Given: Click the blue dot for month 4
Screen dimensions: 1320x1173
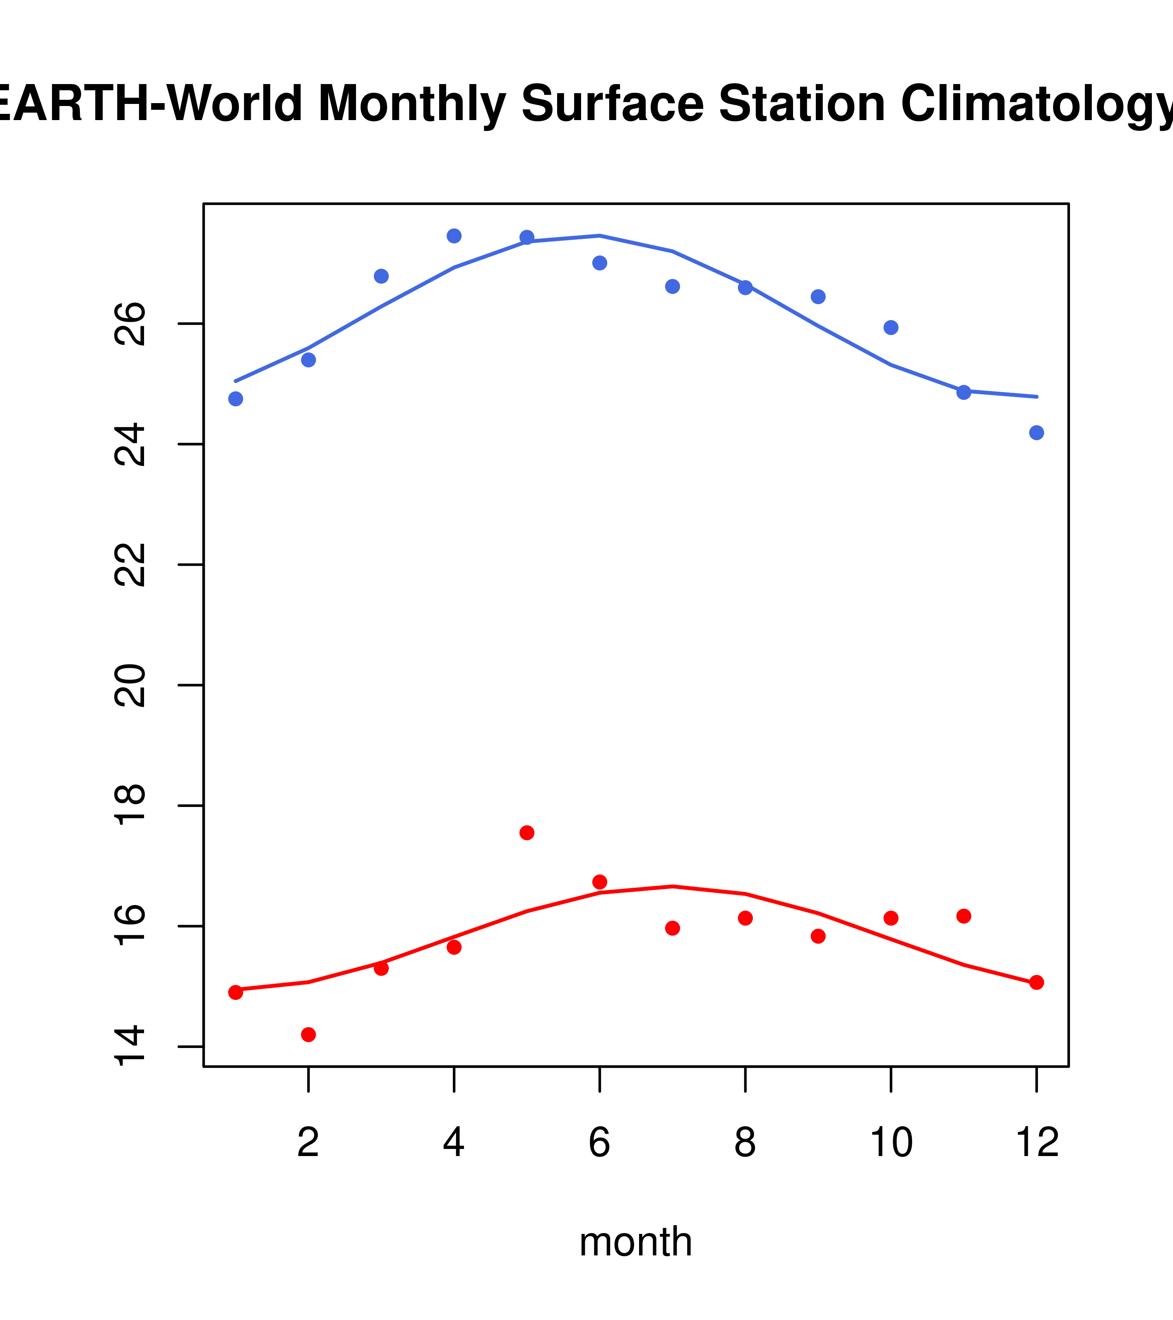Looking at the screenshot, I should (x=454, y=236).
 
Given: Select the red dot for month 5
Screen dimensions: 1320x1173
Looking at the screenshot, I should (x=527, y=832).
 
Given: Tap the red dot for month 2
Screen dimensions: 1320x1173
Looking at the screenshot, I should (x=309, y=1035).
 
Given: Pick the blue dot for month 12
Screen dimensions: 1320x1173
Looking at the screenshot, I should (x=1036, y=433).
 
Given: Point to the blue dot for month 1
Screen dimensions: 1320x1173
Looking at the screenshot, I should (x=236, y=399).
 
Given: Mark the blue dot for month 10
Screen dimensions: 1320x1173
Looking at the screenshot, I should (x=891, y=328).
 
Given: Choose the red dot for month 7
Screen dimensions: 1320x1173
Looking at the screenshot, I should (x=672, y=928).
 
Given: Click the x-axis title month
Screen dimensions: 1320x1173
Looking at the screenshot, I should (x=635, y=1241).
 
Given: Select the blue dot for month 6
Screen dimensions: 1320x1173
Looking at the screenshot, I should (x=600, y=263).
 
